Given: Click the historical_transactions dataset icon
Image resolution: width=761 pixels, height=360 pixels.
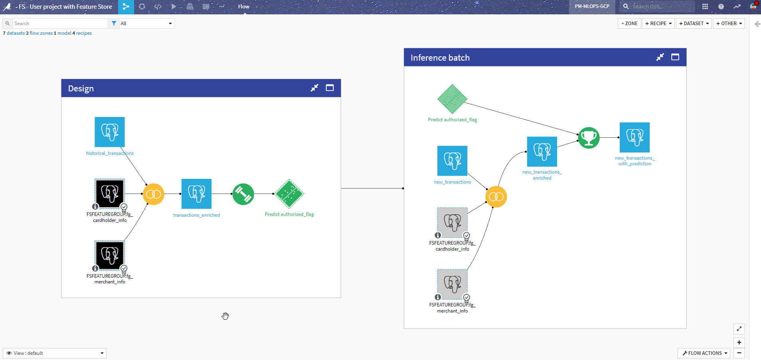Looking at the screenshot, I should (x=110, y=132).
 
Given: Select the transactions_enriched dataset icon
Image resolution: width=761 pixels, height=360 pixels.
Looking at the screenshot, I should (x=196, y=194).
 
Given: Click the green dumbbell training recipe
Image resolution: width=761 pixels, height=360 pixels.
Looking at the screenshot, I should (x=243, y=194).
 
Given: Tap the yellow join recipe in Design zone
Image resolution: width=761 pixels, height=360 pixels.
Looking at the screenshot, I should (x=154, y=194).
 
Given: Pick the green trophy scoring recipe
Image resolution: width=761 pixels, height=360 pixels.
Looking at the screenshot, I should (x=589, y=138).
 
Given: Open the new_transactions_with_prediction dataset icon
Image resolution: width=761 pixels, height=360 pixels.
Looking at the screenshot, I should (x=634, y=137).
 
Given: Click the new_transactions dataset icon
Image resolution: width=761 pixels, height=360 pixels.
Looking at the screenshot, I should (x=452, y=161).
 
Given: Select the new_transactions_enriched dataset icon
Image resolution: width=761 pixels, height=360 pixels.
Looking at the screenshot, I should (x=542, y=152).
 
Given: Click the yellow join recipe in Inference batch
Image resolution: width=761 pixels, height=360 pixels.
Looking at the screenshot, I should (x=496, y=197).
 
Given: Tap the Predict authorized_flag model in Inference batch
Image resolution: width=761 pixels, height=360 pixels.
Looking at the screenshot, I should (x=452, y=99).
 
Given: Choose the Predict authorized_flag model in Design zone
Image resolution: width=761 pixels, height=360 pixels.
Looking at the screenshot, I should (x=289, y=194).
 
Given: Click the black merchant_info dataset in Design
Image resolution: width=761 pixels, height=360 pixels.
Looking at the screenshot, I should (x=110, y=255).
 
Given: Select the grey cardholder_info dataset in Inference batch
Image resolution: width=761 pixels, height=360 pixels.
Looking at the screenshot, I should (x=452, y=222).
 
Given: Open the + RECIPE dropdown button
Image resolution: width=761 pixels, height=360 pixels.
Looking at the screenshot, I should (x=658, y=24).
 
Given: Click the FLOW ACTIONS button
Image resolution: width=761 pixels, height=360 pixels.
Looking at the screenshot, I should (x=704, y=353).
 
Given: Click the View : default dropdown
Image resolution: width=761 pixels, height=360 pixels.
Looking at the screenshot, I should (x=55, y=353).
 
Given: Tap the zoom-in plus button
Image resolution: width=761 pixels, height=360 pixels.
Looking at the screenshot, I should (x=739, y=342).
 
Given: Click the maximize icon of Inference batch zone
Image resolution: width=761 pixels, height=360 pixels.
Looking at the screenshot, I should (x=675, y=57).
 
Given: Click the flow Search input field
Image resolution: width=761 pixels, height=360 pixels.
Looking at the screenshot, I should (x=60, y=24).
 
